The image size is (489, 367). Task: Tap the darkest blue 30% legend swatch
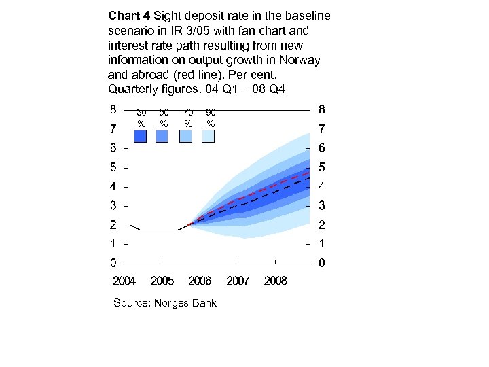coord(141,137)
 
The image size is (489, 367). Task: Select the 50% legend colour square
coord(162,137)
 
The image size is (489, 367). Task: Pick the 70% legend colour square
coord(185,137)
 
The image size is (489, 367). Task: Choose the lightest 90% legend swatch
coord(209,137)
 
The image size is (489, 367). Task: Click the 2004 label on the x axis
coord(124,281)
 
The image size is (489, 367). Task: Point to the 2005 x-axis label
coord(162,281)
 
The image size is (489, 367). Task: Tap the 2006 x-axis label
coord(200,281)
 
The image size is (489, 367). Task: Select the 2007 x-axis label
coord(238,281)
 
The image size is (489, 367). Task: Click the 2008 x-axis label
coord(276,281)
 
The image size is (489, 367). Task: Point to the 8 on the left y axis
coord(113,109)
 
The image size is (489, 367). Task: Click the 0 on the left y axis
coord(113,263)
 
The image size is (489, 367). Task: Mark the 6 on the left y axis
coord(113,147)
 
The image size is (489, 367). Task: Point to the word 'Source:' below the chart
coord(132,303)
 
